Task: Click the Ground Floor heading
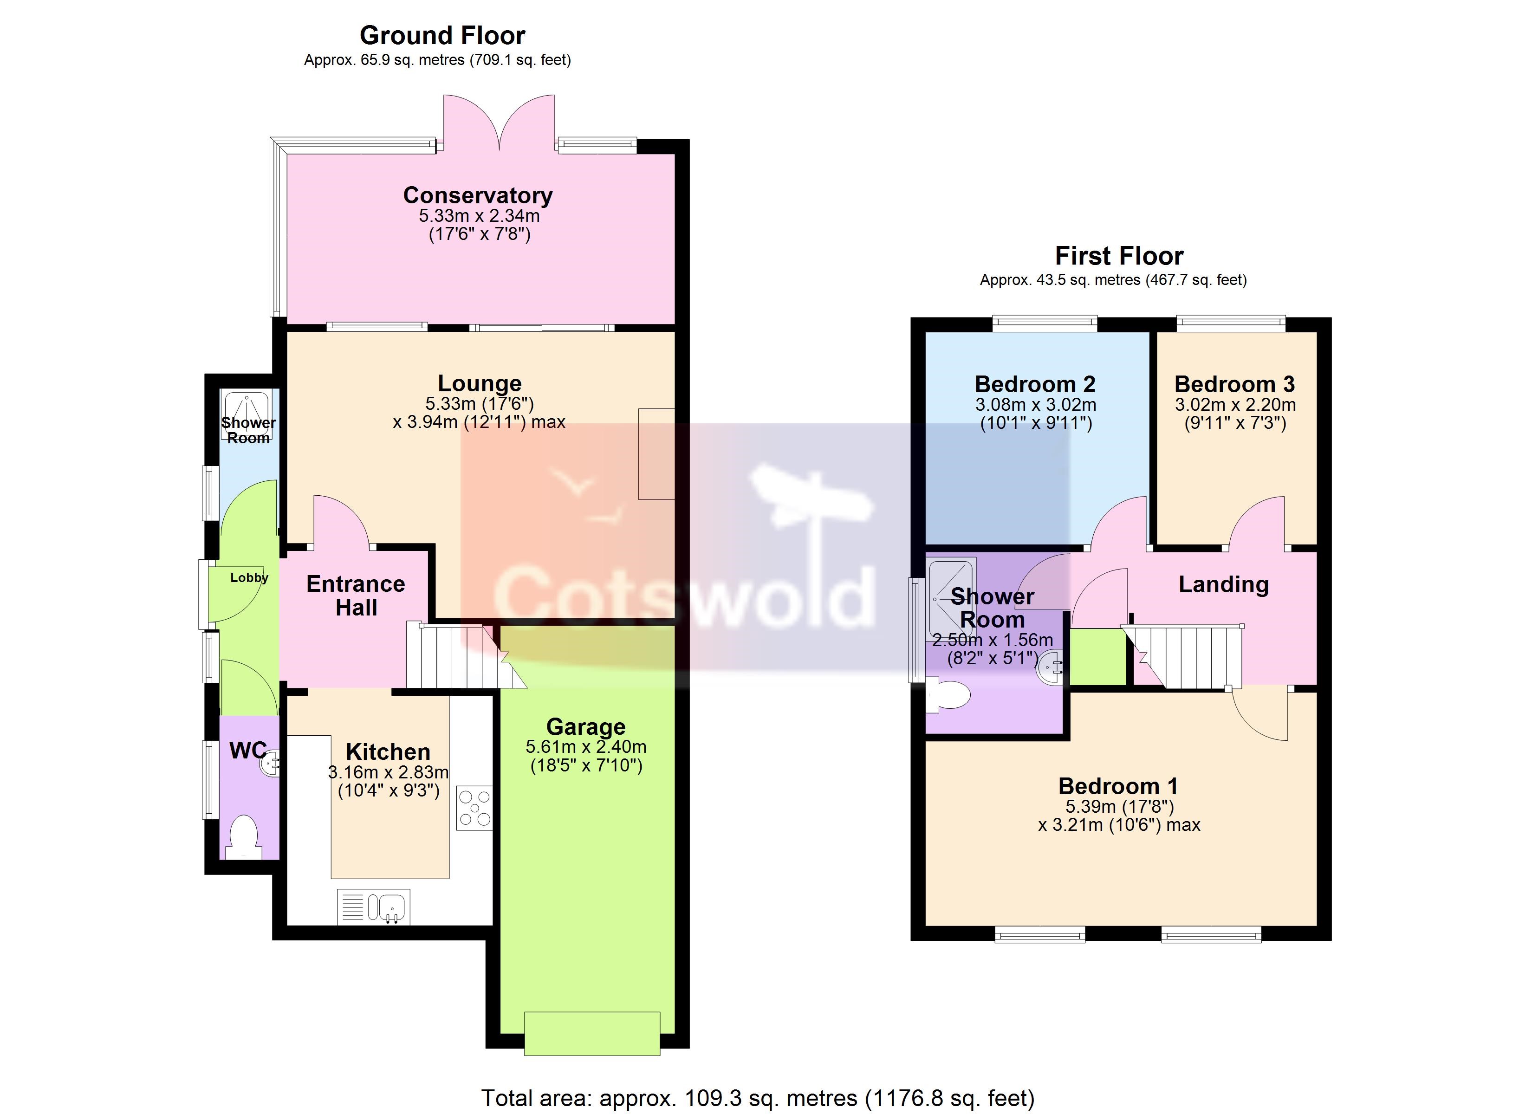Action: (442, 35)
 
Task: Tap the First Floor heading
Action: (1119, 256)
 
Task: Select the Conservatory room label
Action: (478, 195)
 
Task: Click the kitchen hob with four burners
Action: (475, 807)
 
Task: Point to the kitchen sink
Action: (374, 907)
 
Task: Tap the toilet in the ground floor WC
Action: (243, 838)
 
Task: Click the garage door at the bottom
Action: (592, 1034)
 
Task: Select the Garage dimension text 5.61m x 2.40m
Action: (586, 747)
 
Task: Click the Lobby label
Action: (249, 577)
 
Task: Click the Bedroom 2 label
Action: (1035, 384)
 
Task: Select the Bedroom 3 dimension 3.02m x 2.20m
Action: (1235, 405)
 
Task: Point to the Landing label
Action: (1223, 584)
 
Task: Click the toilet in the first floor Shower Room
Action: (948, 696)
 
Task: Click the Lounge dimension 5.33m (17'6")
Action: (480, 404)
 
